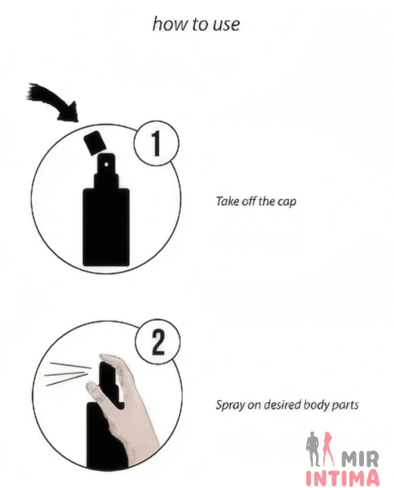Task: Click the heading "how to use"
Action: pos(197,24)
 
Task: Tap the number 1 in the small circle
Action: pos(157,143)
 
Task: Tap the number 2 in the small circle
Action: pos(158,342)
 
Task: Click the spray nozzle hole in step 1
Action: pos(106,164)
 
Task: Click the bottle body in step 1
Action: pos(106,227)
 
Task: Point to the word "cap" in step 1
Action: pos(287,202)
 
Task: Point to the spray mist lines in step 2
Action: pos(67,373)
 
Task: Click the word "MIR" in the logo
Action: pos(360,459)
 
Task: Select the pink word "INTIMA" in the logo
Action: pos(342,478)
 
